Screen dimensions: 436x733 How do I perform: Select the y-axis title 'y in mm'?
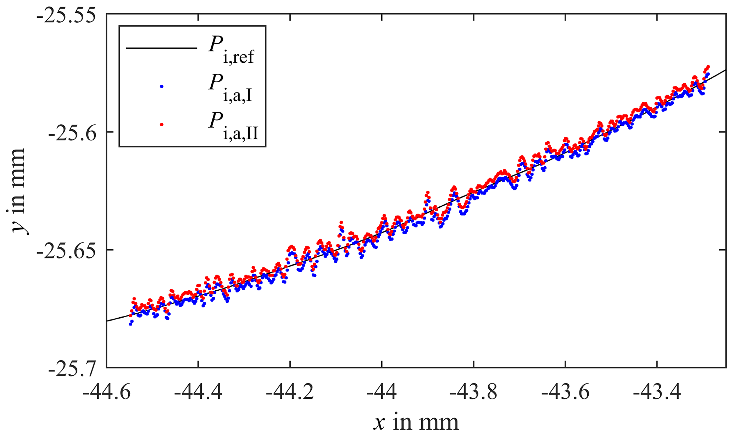17,190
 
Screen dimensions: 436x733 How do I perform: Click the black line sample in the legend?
161,48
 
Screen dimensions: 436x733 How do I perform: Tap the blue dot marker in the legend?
162,86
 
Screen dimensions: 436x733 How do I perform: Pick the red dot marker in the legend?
162,124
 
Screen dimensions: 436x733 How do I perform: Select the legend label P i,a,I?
230,89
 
